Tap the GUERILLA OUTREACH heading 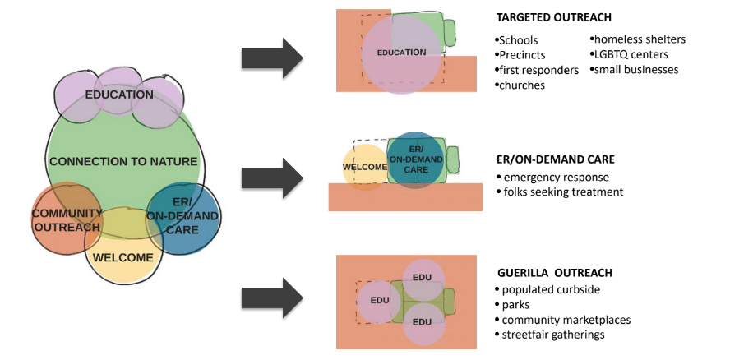click(x=553, y=272)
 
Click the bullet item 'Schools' click(x=518, y=40)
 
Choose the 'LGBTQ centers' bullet click(x=629, y=54)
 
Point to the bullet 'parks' click(x=516, y=305)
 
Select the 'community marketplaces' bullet click(x=562, y=320)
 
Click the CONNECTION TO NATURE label click(x=123, y=162)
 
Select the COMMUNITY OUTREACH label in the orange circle click(x=67, y=220)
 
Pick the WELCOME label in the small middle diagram click(x=365, y=168)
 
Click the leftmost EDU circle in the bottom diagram click(x=380, y=300)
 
